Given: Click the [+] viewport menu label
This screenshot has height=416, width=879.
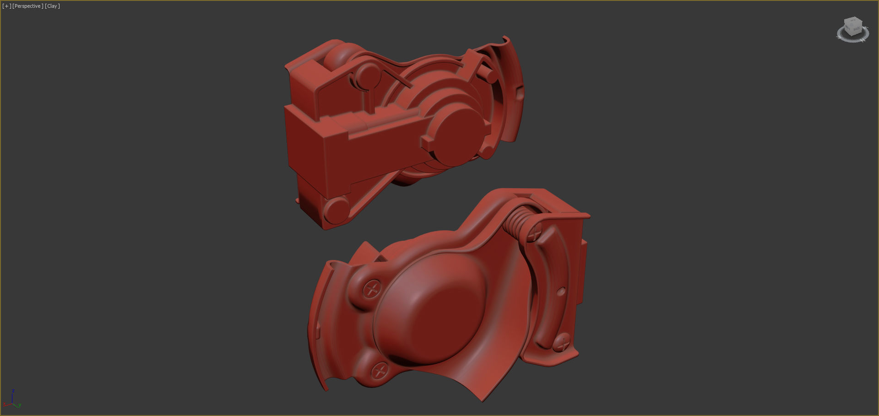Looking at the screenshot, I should (6, 6).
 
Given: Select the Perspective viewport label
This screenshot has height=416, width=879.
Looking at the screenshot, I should (28, 6).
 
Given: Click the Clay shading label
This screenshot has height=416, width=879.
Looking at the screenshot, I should (52, 6).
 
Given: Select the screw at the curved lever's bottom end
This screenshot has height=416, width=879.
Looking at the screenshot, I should (562, 341).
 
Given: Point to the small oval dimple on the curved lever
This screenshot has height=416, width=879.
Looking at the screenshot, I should (561, 291).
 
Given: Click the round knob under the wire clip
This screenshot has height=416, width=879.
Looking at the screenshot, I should (368, 76).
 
